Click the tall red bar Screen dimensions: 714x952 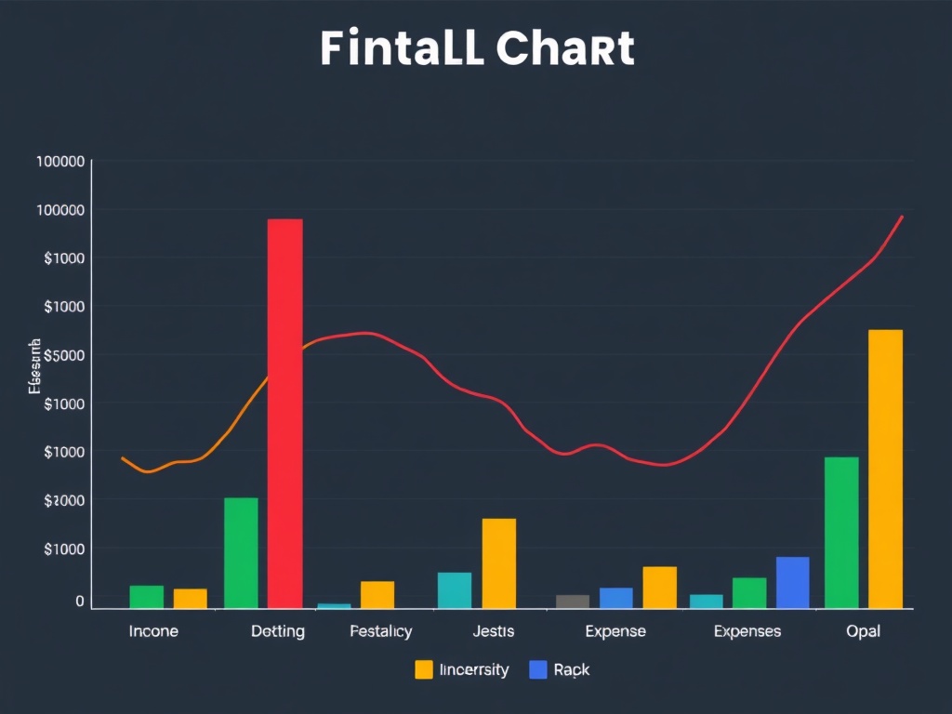point(284,413)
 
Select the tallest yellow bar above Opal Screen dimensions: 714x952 point(885,469)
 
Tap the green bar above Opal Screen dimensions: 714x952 point(841,532)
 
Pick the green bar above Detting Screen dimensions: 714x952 point(241,552)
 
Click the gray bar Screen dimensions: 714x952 point(573,602)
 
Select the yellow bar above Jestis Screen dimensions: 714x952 point(498,562)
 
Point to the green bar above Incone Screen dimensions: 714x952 point(146,597)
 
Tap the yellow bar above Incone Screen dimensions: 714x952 point(190,599)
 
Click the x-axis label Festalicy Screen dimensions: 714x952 point(380,631)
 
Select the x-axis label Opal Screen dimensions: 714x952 point(863,631)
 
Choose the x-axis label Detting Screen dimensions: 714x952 point(277,631)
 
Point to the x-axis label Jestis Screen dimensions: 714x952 point(493,631)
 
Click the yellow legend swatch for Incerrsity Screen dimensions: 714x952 point(424,669)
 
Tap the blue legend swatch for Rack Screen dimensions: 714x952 point(537,669)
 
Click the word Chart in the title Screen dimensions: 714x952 point(565,48)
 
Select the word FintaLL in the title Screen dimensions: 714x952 point(402,48)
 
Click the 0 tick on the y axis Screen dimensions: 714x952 point(80,602)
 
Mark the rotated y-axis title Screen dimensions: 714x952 point(35,366)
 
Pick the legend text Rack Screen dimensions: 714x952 point(571,669)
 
